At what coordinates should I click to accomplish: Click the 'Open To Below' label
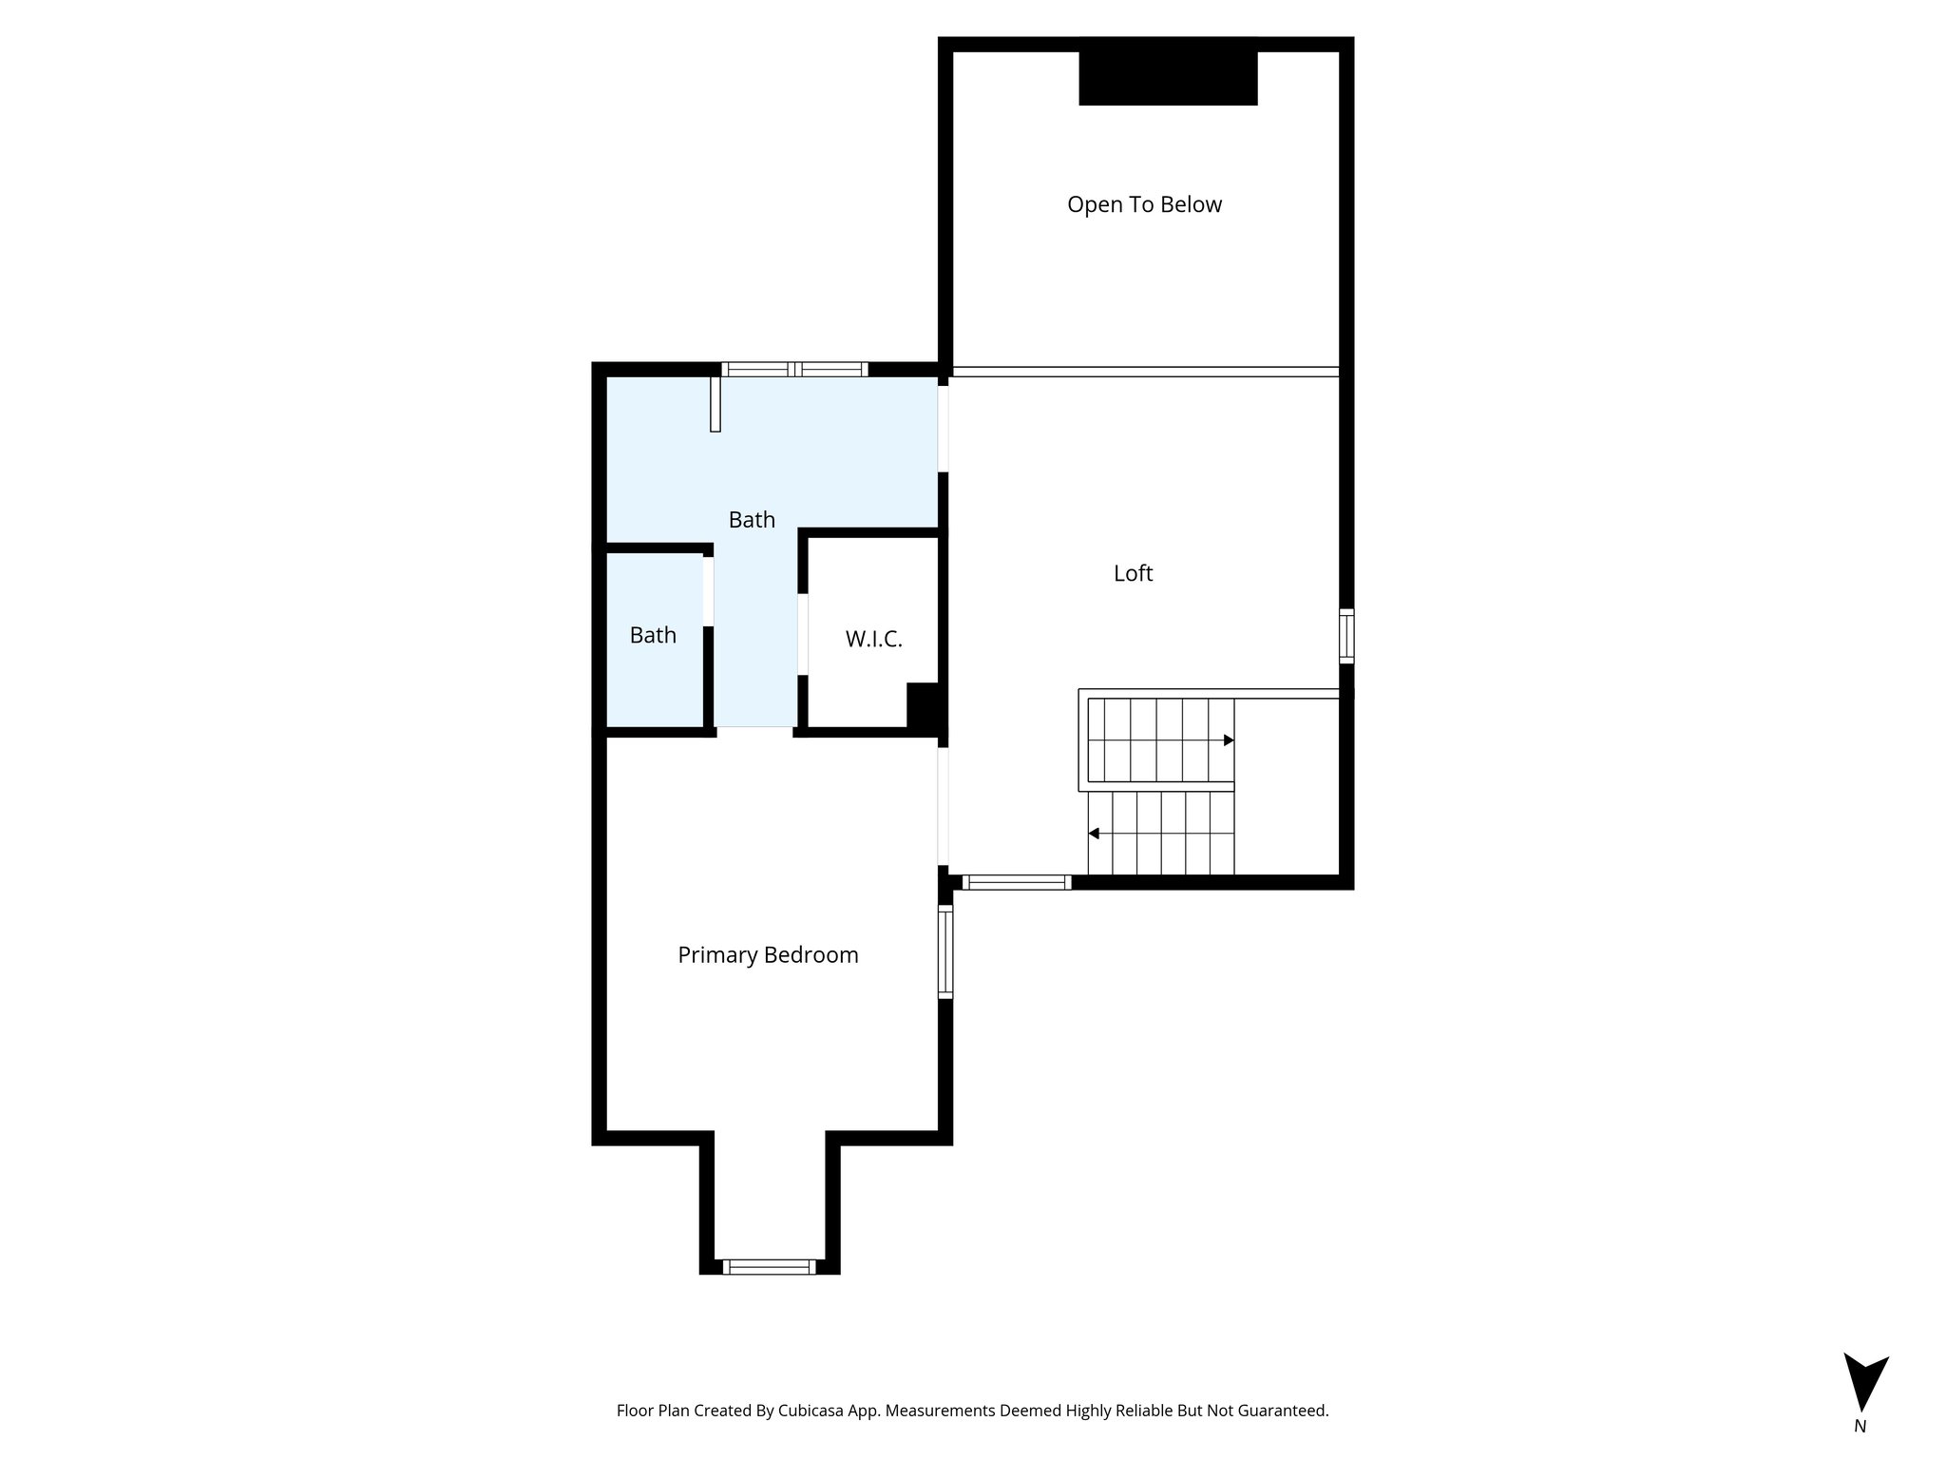(x=1144, y=204)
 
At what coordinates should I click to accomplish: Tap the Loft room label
(x=1134, y=573)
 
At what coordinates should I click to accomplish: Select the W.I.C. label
(x=874, y=639)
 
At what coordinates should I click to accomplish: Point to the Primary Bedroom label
(x=768, y=955)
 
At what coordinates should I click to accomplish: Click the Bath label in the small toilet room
(x=653, y=635)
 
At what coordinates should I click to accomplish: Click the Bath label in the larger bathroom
(x=752, y=520)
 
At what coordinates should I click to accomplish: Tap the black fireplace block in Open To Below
(x=1169, y=78)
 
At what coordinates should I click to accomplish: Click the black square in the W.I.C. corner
(x=923, y=706)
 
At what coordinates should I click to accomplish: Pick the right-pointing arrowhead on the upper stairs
(x=1229, y=740)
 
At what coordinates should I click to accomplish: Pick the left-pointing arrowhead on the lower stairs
(x=1094, y=834)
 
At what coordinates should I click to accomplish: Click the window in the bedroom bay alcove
(x=769, y=1266)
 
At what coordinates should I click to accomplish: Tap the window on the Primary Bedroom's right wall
(x=945, y=951)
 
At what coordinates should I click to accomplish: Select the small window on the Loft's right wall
(x=1346, y=636)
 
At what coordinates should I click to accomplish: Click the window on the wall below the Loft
(x=1017, y=882)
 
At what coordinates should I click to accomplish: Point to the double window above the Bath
(x=794, y=370)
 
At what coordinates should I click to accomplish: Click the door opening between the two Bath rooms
(x=708, y=591)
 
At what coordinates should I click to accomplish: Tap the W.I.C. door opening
(x=803, y=634)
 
